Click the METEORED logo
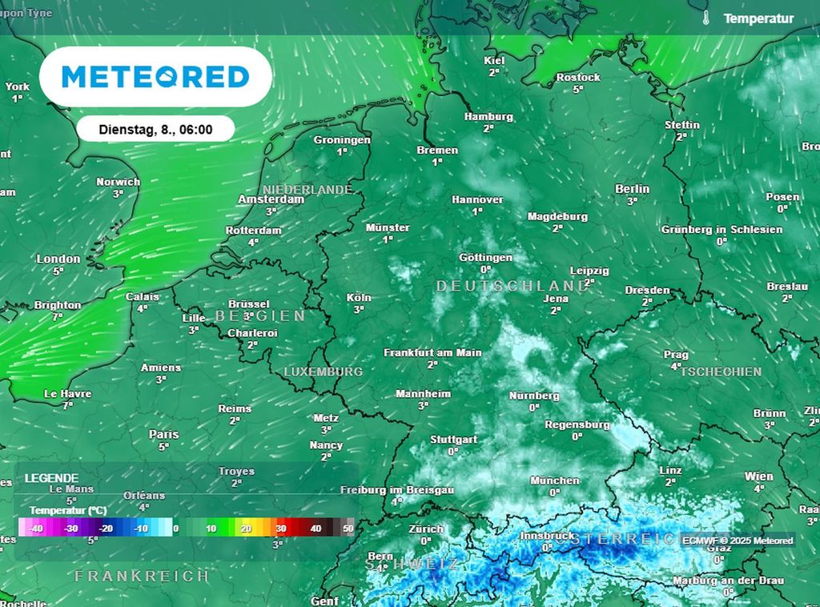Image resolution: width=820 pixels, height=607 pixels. click(155, 77)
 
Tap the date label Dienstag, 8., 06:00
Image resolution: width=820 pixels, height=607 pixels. click(155, 128)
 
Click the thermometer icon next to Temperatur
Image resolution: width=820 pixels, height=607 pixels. click(706, 18)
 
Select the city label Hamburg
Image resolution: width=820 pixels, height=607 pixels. click(488, 117)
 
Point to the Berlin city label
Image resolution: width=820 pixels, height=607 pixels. click(632, 189)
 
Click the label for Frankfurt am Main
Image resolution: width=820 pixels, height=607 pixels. click(432, 352)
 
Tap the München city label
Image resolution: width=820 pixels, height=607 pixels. click(554, 480)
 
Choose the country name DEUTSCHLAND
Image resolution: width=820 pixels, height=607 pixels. click(512, 286)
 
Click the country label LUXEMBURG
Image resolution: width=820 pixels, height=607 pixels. click(324, 372)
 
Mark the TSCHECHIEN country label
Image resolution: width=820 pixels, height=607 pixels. click(720, 372)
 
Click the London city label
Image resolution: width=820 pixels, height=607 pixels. click(58, 259)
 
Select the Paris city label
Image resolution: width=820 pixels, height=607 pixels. click(164, 434)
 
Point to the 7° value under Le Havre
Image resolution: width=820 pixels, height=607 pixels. click(67, 406)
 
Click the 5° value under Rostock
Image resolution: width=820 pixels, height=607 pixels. click(577, 90)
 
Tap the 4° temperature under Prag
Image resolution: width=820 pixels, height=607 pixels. click(675, 367)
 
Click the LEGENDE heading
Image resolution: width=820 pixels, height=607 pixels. click(51, 478)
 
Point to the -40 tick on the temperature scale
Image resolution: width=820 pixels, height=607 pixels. click(36, 529)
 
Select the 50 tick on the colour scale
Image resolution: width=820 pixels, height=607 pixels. click(348, 529)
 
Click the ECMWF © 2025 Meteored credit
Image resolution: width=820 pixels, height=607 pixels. click(738, 541)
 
